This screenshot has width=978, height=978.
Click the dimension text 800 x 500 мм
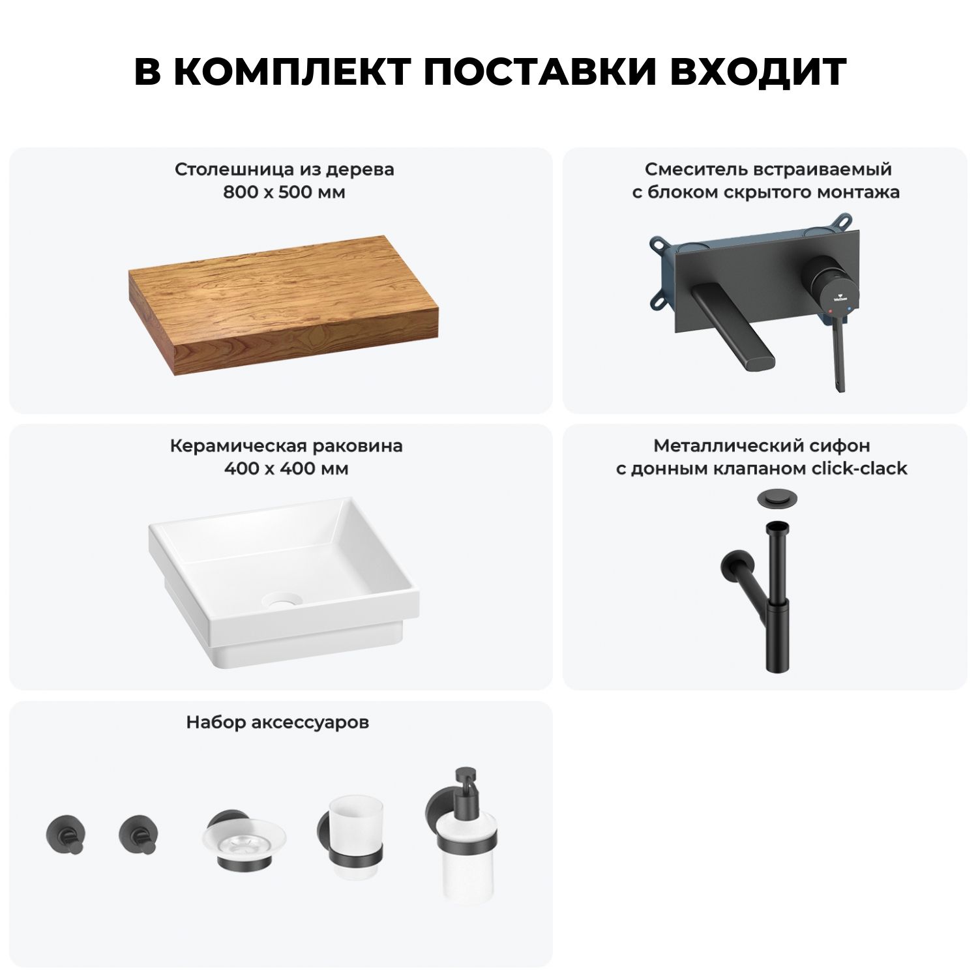[284, 192]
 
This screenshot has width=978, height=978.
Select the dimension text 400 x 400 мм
[286, 469]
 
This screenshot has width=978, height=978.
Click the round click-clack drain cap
[774, 499]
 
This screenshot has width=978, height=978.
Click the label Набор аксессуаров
[278, 722]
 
